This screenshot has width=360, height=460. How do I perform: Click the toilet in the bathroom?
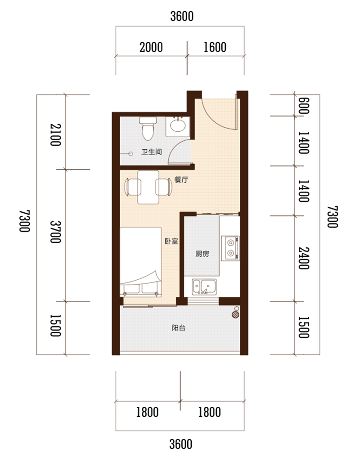click(x=148, y=129)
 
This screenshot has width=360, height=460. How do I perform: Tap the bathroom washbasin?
click(x=178, y=126)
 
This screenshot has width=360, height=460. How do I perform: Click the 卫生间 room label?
click(x=152, y=152)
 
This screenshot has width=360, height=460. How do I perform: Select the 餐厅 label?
click(x=181, y=179)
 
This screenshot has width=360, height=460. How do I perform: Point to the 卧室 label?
click(x=171, y=241)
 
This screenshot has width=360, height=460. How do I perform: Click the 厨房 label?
click(x=202, y=254)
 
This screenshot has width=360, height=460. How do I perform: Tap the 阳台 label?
click(x=179, y=328)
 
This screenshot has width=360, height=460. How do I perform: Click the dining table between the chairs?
click(x=148, y=187)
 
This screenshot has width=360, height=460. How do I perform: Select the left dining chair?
click(x=133, y=187)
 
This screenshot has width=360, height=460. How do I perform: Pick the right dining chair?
click(x=164, y=187)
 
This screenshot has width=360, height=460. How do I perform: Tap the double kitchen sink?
click(x=204, y=287)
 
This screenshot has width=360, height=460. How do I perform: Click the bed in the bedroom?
click(x=141, y=262)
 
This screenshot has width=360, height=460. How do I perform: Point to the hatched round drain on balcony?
click(x=235, y=315)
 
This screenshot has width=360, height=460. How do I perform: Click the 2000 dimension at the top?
click(x=151, y=47)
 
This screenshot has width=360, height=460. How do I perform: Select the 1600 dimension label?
click(x=215, y=47)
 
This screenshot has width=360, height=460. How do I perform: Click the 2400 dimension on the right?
click(x=304, y=258)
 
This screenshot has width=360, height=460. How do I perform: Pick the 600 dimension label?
click(x=304, y=105)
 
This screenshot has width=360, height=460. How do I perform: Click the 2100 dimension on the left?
click(x=55, y=134)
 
